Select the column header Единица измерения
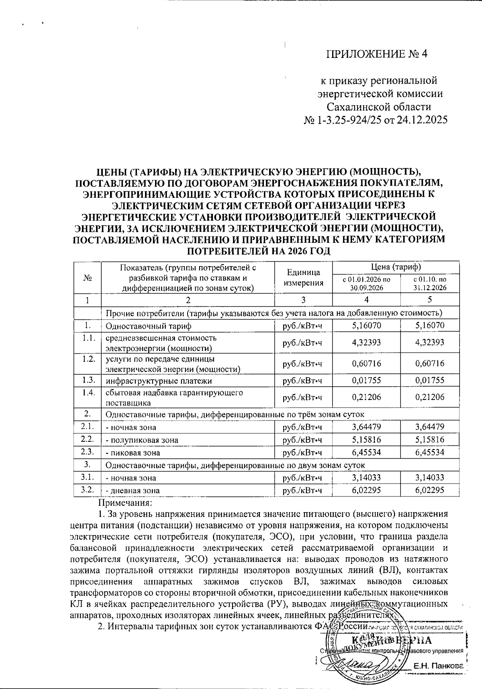coord(303,277)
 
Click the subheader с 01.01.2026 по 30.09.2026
coord(366,283)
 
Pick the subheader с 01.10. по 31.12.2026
coord(430,283)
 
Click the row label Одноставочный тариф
coord(149,326)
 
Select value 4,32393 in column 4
coord(366,342)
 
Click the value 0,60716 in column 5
coord(430,363)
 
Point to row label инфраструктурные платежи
coord(159,381)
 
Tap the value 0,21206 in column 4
coord(366,397)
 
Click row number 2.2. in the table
coord(87,439)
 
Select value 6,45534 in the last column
coord(430,452)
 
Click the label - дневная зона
coord(133,490)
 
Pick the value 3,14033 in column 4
coord(366,478)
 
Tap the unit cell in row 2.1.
coord(303,427)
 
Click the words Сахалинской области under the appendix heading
coord(378,107)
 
